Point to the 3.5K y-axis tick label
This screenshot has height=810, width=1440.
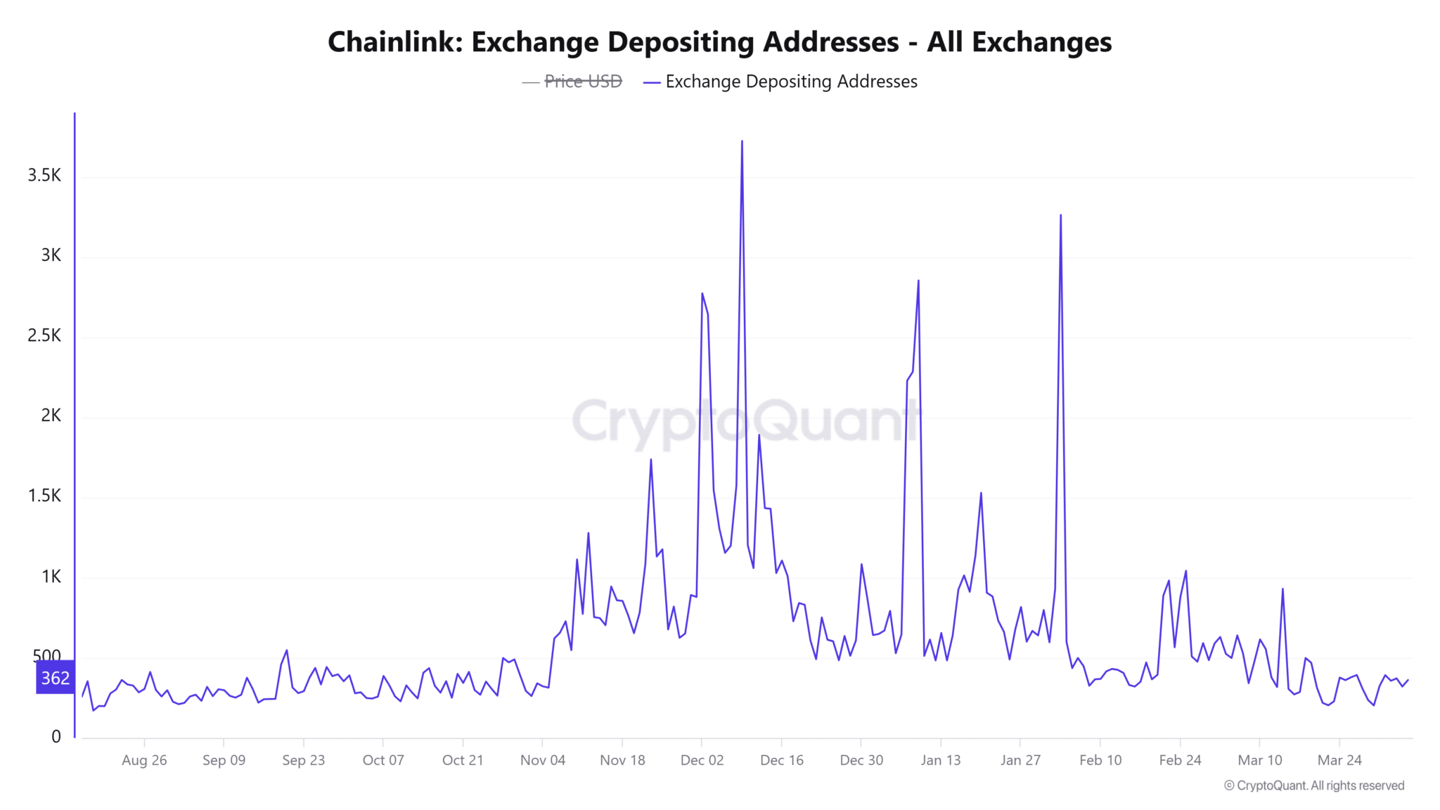coord(44,175)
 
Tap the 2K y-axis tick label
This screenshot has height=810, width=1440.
coord(51,416)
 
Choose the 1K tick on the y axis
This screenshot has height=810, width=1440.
coord(51,577)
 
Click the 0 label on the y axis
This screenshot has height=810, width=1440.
coord(56,736)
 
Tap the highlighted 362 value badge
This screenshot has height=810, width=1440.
coord(55,678)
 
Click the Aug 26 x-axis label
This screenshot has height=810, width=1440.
coord(144,760)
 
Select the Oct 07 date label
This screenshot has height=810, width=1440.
coord(383,760)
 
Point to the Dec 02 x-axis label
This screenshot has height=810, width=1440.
coord(702,760)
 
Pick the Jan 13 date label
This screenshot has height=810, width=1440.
coord(941,760)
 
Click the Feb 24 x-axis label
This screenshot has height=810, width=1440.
coord(1180,760)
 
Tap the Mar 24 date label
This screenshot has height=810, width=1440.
coord(1339,760)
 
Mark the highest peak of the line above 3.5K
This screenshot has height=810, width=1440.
coord(742,141)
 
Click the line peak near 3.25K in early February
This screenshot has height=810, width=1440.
coord(1060,215)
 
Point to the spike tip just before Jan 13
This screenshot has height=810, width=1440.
coord(918,281)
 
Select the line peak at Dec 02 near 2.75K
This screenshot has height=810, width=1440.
coord(702,293)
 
